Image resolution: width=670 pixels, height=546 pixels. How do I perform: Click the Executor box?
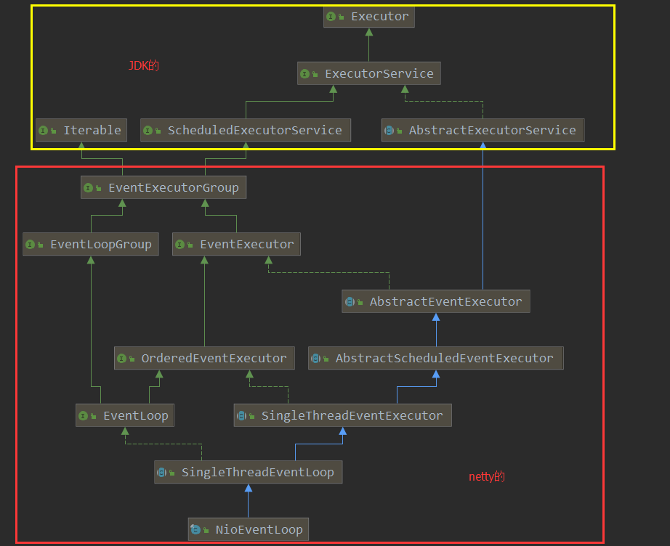369,16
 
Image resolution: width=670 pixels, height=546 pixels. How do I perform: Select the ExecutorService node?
369,73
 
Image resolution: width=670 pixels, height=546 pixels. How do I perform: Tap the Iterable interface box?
81,130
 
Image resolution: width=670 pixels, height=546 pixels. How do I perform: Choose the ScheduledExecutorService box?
246,130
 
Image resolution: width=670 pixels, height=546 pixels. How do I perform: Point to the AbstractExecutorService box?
483,130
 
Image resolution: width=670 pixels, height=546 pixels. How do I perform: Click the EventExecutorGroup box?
164,187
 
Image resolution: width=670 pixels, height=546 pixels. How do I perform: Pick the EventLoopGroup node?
91,244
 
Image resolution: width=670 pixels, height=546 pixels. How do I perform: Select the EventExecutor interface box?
236,244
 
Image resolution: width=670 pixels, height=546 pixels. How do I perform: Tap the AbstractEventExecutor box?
436,301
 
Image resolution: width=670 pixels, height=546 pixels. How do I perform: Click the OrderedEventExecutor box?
204,358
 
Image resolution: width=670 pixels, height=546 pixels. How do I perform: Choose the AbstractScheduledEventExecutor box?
436,358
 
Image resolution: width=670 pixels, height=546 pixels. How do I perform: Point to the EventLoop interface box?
126,415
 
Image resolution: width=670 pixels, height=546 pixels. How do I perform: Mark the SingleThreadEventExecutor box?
343,415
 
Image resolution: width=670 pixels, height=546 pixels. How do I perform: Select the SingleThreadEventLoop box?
248,472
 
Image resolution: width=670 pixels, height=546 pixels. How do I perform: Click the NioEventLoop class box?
248,529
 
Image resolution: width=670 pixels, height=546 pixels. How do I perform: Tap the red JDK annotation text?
143,65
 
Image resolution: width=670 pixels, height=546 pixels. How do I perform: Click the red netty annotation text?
486,476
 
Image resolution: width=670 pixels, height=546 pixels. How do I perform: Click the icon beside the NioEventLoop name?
195,529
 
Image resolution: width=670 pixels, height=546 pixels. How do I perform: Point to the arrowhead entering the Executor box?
369,32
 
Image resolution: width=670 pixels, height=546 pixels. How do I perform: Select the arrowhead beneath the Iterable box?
81,146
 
